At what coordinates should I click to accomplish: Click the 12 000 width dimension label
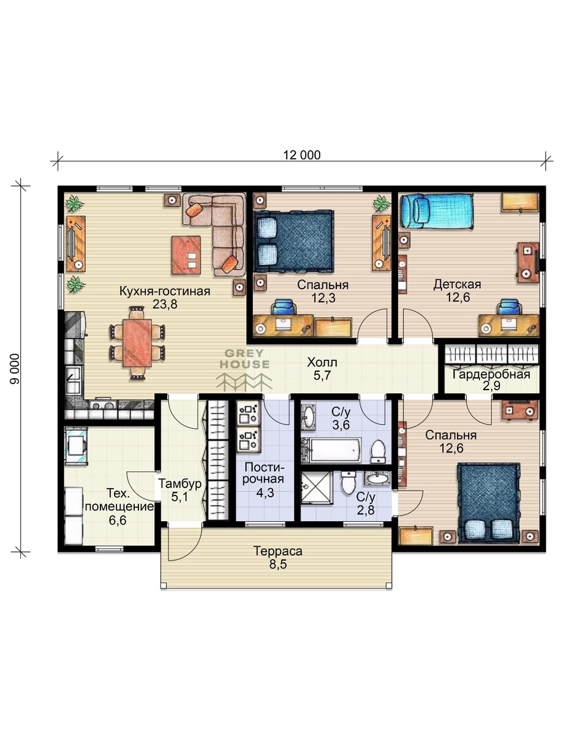click(302, 155)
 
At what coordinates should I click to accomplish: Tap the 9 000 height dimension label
click(15, 369)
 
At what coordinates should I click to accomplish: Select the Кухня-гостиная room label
click(165, 291)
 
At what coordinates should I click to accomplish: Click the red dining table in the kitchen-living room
click(137, 342)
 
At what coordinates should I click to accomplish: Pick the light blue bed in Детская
click(437, 211)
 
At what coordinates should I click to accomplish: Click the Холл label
click(322, 362)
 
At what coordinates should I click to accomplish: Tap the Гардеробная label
click(491, 374)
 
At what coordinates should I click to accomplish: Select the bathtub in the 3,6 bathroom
click(331, 450)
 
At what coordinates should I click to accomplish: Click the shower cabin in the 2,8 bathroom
click(317, 488)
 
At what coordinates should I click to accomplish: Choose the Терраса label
click(278, 551)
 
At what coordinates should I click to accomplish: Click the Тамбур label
click(179, 484)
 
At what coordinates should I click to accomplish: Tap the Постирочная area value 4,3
click(265, 492)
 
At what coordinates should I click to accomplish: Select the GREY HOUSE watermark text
click(244, 359)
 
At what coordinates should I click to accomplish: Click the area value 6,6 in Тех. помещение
click(118, 520)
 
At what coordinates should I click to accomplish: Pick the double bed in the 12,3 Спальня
click(293, 241)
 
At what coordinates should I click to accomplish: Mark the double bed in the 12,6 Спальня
click(489, 503)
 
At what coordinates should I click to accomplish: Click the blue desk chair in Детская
click(509, 307)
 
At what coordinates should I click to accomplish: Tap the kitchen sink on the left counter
click(73, 380)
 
